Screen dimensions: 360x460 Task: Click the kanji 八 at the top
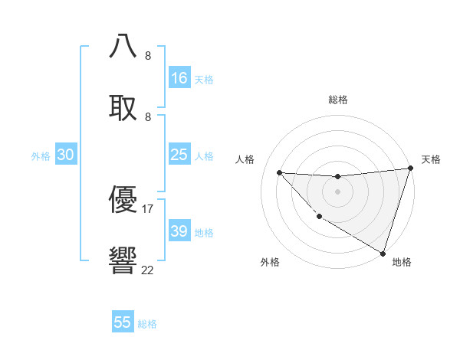pos(123,47)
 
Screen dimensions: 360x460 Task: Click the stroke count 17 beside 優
pos(148,208)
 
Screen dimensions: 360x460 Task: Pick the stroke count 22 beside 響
pos(148,269)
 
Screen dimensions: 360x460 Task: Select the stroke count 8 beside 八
pos(148,56)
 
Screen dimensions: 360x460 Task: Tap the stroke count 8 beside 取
pos(148,116)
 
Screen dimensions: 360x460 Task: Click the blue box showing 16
pos(179,78)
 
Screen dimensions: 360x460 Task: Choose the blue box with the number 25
pos(179,155)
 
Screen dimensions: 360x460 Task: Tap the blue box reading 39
pos(179,231)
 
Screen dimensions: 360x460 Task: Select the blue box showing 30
pos(66,155)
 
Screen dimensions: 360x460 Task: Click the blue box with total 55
pos(123,322)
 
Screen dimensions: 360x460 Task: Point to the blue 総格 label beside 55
pos(147,324)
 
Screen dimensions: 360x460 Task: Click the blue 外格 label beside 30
pos(41,156)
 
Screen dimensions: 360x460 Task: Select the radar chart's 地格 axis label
pos(402,262)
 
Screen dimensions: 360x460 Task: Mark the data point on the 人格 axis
pos(279,172)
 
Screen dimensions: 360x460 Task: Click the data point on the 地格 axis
pos(383,254)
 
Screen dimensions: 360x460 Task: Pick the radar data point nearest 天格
pos(410,169)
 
